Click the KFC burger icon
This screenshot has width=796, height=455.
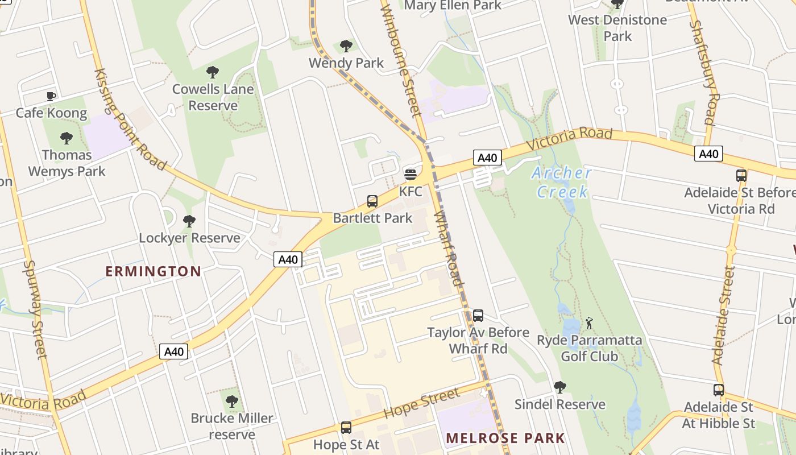(x=410, y=174)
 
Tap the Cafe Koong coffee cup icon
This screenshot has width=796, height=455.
(x=51, y=96)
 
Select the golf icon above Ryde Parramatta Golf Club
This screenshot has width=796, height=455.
(x=589, y=324)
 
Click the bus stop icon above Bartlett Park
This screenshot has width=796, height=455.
(x=372, y=201)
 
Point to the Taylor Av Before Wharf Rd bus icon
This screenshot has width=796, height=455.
(x=478, y=316)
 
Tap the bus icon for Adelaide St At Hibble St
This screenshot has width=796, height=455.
(x=719, y=390)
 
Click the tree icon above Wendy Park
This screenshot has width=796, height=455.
(x=346, y=46)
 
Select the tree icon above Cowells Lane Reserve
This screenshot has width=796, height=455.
(x=213, y=72)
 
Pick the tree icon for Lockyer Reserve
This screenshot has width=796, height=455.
(x=189, y=221)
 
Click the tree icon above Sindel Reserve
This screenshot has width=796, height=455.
(x=560, y=387)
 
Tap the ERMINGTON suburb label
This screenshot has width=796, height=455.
(x=154, y=271)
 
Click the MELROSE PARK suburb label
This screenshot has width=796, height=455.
(x=505, y=438)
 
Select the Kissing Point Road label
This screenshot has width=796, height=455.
(x=130, y=119)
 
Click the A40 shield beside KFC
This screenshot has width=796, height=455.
(x=487, y=158)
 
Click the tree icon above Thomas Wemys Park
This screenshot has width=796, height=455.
(x=67, y=138)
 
